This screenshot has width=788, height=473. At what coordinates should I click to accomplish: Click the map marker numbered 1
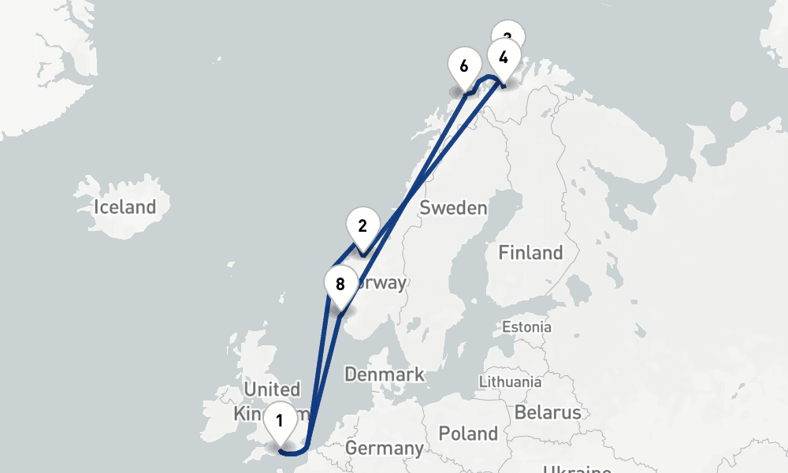click(x=279, y=421)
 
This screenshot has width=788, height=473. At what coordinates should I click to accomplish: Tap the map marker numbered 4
click(x=503, y=58)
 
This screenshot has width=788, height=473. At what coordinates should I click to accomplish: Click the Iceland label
click(x=125, y=207)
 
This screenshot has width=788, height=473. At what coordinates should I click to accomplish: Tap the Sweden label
click(x=453, y=208)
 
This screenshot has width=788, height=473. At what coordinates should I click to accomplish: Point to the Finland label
click(x=530, y=253)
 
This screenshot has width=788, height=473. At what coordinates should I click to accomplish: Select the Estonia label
click(x=527, y=326)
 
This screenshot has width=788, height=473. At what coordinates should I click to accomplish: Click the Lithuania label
click(x=510, y=382)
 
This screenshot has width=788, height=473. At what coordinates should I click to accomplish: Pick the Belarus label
click(x=547, y=412)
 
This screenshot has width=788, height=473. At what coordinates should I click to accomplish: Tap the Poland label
click(x=468, y=433)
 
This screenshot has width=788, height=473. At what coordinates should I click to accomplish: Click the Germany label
click(x=384, y=449)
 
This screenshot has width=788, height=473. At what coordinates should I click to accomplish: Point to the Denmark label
click(x=385, y=374)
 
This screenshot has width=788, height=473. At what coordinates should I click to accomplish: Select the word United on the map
click(x=272, y=389)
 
